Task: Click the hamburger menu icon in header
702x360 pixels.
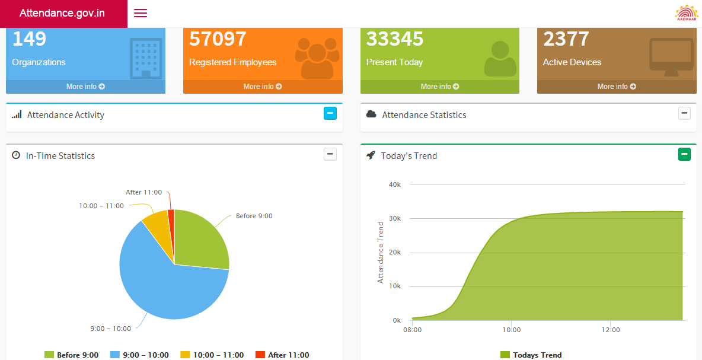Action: coord(141,13)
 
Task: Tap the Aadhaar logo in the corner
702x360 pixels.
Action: coord(687,13)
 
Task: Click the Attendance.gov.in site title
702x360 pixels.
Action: coord(62,13)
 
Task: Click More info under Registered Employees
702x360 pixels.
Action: coord(263,87)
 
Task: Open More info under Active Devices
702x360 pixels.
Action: coord(617,87)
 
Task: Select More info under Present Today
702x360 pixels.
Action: coord(439,87)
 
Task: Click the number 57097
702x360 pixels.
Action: coord(218,39)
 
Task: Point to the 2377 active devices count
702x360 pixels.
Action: coord(566,39)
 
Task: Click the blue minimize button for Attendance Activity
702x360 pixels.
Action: coord(330,113)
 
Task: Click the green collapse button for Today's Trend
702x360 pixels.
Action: coord(684,154)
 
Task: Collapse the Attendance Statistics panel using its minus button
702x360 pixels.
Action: coord(684,113)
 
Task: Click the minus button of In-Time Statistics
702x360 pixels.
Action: coord(330,154)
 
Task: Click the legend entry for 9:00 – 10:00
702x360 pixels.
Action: coord(139,355)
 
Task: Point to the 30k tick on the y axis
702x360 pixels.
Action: coord(395,218)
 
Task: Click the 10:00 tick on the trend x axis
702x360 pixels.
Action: coord(512,330)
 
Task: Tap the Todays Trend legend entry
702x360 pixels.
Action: coord(531,355)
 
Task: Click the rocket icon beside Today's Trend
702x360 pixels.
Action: coord(371,155)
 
